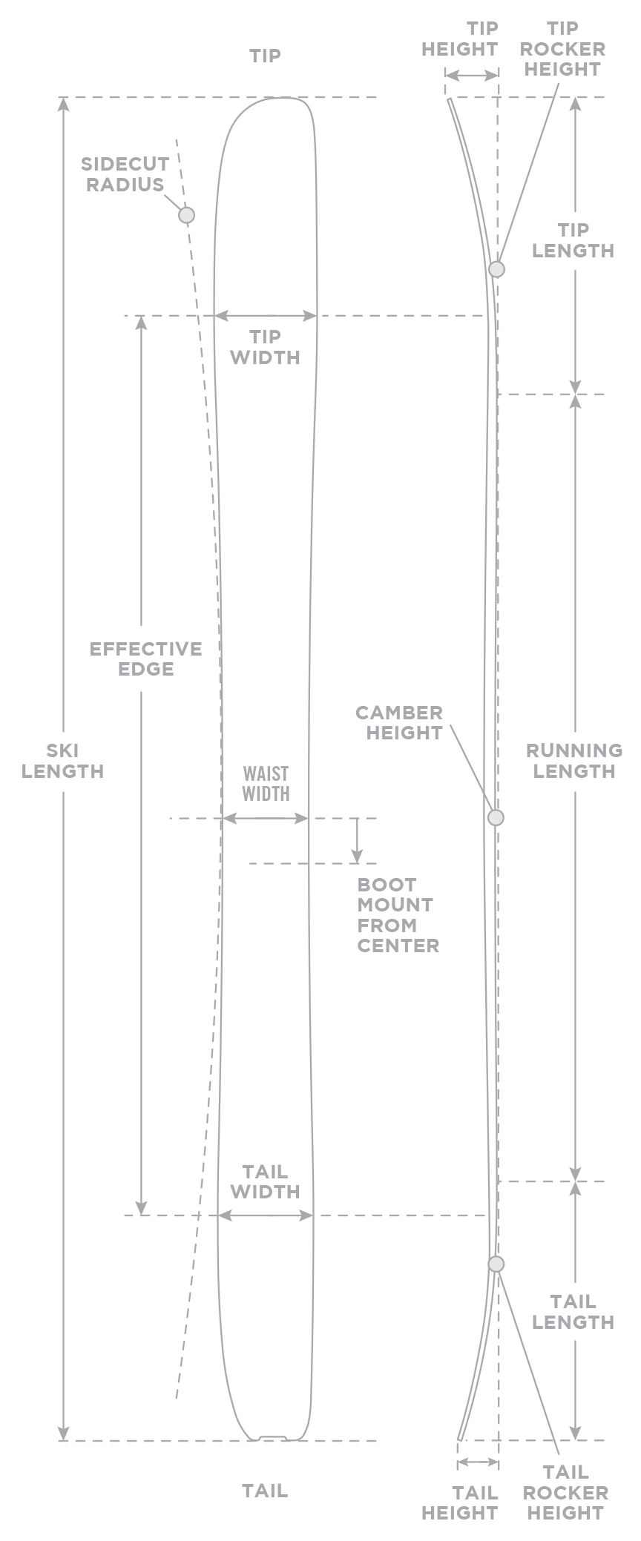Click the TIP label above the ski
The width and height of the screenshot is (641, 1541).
click(x=265, y=56)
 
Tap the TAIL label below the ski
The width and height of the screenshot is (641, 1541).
click(x=265, y=1491)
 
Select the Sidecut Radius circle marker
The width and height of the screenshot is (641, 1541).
click(x=186, y=215)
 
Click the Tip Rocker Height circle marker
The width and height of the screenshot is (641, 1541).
click(x=496, y=268)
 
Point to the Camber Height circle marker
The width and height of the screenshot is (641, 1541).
click(x=496, y=817)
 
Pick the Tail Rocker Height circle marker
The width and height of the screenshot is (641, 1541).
click(x=496, y=1264)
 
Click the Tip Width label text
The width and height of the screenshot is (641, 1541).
click(x=265, y=347)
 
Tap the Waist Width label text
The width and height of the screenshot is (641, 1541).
click(x=266, y=784)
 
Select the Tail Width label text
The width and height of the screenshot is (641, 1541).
click(x=265, y=1181)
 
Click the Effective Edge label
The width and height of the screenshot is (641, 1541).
click(x=145, y=659)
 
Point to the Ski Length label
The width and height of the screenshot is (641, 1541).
click(x=63, y=760)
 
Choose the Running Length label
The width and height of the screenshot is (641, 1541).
click(x=573, y=760)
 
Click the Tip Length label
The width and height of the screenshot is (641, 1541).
click(x=573, y=240)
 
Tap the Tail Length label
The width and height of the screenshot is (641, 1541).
click(x=573, y=1312)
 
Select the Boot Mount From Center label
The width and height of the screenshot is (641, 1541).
click(x=398, y=914)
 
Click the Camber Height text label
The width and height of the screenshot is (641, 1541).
click(x=399, y=722)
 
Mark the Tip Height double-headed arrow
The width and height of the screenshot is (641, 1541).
click(x=472, y=76)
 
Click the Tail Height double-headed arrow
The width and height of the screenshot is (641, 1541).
click(x=478, y=1462)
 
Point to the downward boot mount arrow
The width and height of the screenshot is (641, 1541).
click(x=357, y=841)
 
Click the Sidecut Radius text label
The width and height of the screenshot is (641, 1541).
click(x=125, y=174)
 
